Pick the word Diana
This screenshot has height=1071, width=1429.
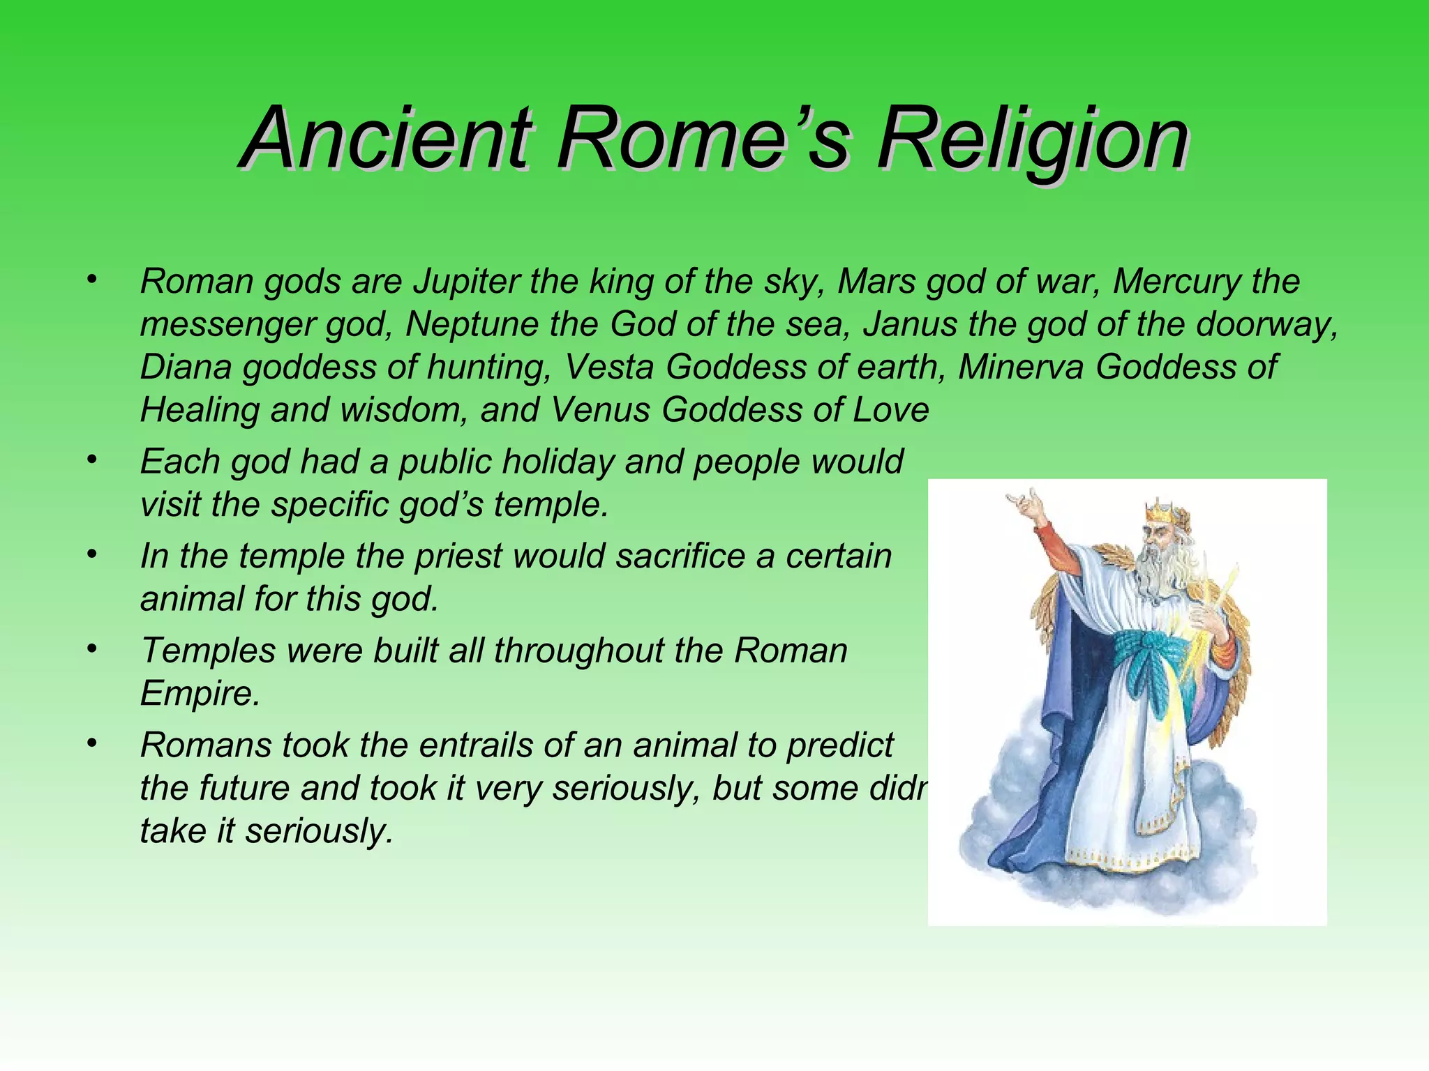click(x=185, y=367)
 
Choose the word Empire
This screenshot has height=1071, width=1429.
click(x=200, y=694)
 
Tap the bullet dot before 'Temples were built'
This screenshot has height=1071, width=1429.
click(x=91, y=648)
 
